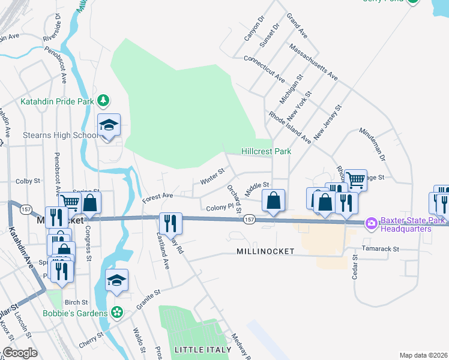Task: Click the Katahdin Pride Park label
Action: [x=57, y=101]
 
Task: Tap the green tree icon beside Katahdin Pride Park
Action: [x=103, y=100]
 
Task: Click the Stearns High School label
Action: [x=60, y=135]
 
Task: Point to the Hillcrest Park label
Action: [x=267, y=152]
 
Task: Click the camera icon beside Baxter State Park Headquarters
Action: [x=371, y=223]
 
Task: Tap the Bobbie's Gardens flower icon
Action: [x=117, y=313]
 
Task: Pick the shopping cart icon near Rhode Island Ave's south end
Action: [x=355, y=179]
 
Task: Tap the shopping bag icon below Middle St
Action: [x=273, y=200]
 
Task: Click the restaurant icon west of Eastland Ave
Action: [x=171, y=223]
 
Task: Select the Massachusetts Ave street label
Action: [x=313, y=61]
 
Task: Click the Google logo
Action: [x=20, y=353]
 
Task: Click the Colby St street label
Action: [x=28, y=181]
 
